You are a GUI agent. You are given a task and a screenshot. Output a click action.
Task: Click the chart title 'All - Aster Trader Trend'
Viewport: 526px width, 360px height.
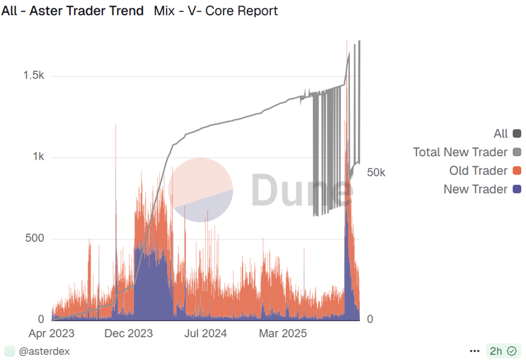(x=72, y=11)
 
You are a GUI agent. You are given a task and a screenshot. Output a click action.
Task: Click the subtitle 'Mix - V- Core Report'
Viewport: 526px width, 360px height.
(x=216, y=11)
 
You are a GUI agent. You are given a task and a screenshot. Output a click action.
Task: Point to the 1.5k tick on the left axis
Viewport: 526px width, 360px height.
(x=34, y=76)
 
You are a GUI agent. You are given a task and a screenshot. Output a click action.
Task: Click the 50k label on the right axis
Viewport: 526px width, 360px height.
(x=376, y=173)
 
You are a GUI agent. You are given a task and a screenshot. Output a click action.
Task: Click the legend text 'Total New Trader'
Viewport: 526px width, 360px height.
(x=460, y=153)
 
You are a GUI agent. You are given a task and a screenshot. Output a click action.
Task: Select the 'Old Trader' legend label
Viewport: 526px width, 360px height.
(x=478, y=171)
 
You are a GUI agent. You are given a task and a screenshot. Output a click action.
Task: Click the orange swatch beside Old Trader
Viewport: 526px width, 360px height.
(x=517, y=171)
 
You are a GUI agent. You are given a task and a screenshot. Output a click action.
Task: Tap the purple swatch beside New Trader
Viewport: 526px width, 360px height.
(x=517, y=190)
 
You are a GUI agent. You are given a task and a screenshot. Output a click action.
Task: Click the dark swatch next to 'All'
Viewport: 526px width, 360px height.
(x=517, y=134)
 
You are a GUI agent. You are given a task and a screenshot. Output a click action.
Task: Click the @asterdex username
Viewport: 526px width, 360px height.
(x=44, y=351)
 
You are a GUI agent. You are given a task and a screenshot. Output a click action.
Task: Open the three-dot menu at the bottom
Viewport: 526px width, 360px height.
(x=475, y=351)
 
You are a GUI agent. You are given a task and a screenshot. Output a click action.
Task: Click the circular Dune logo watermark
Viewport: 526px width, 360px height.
(x=200, y=190)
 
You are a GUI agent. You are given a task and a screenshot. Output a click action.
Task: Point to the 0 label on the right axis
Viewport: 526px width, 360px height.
(x=370, y=319)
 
